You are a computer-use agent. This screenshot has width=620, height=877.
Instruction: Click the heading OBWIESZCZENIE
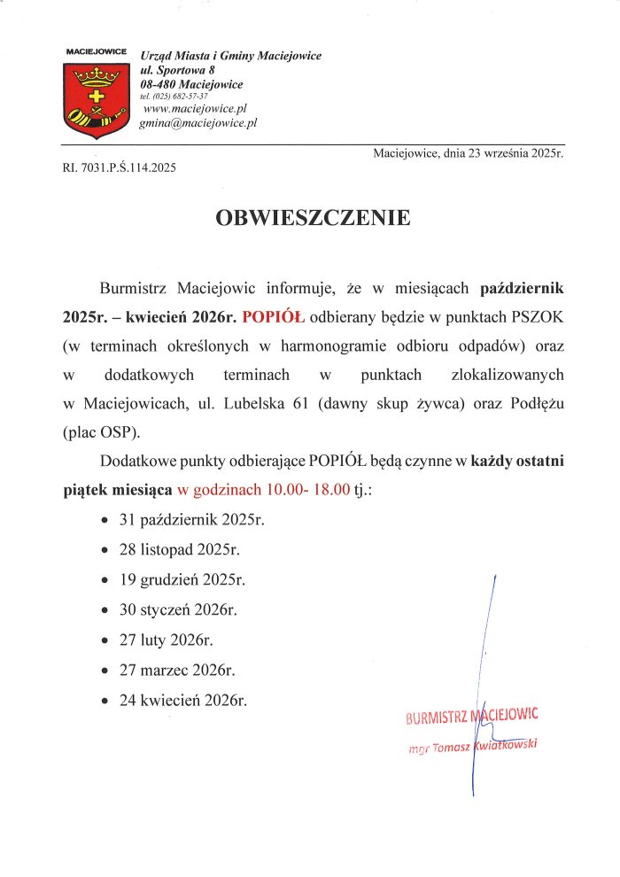(x=313, y=217)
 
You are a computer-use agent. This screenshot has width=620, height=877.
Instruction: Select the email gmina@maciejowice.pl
(x=198, y=123)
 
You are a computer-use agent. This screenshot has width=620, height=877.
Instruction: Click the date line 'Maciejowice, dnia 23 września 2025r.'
(x=469, y=153)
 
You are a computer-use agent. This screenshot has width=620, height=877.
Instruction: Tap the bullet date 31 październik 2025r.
(x=192, y=519)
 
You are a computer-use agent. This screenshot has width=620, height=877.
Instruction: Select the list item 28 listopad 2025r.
(x=180, y=549)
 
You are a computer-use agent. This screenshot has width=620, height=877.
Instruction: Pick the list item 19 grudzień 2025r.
(x=182, y=579)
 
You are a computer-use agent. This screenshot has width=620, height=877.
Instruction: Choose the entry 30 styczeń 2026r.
(x=178, y=609)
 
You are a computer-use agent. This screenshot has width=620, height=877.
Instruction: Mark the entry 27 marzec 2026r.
(x=177, y=670)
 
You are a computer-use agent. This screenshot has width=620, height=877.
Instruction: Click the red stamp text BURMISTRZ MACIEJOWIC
(x=471, y=715)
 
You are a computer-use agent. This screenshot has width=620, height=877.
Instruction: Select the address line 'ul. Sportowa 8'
(x=178, y=70)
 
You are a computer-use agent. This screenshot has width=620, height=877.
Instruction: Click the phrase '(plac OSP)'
(x=102, y=434)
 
